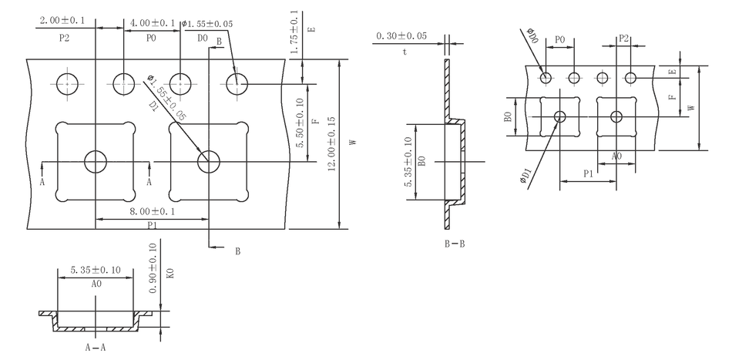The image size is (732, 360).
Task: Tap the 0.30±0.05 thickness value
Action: click(x=401, y=36)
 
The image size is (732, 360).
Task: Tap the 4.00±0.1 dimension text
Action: click(x=153, y=22)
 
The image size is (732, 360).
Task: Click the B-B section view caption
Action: click(x=454, y=244)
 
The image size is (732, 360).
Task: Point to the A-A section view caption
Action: click(x=96, y=347)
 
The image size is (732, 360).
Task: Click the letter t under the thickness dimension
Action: click(x=404, y=52)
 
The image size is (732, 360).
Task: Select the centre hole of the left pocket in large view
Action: click(x=96, y=162)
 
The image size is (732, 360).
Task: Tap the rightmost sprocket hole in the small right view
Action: click(x=631, y=77)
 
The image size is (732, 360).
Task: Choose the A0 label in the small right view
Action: click(x=617, y=156)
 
